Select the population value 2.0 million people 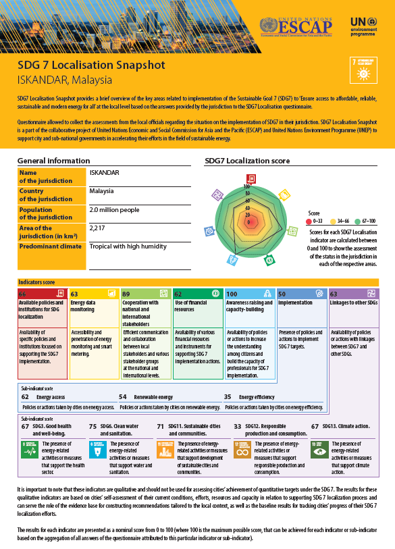[115, 210]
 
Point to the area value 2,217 [98, 228]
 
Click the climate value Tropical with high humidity [128, 246]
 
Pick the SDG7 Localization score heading [247, 161]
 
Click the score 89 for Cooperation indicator [127, 294]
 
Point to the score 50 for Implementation [282, 294]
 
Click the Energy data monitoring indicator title [86, 307]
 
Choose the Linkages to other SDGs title [353, 303]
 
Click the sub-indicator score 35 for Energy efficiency [228, 398]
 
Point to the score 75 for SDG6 [93, 427]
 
